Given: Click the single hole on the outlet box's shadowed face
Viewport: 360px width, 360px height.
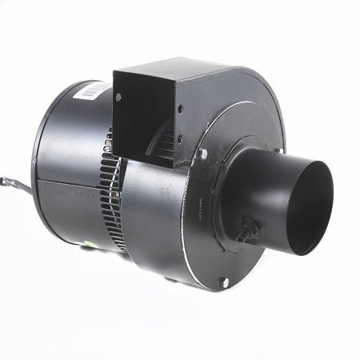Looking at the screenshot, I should click(118, 98).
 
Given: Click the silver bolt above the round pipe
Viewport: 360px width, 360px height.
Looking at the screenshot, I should click(203, 154).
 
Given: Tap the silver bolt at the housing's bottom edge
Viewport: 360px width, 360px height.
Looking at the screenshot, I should click(225, 282).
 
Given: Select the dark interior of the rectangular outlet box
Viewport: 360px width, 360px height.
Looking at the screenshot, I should click(142, 112).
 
